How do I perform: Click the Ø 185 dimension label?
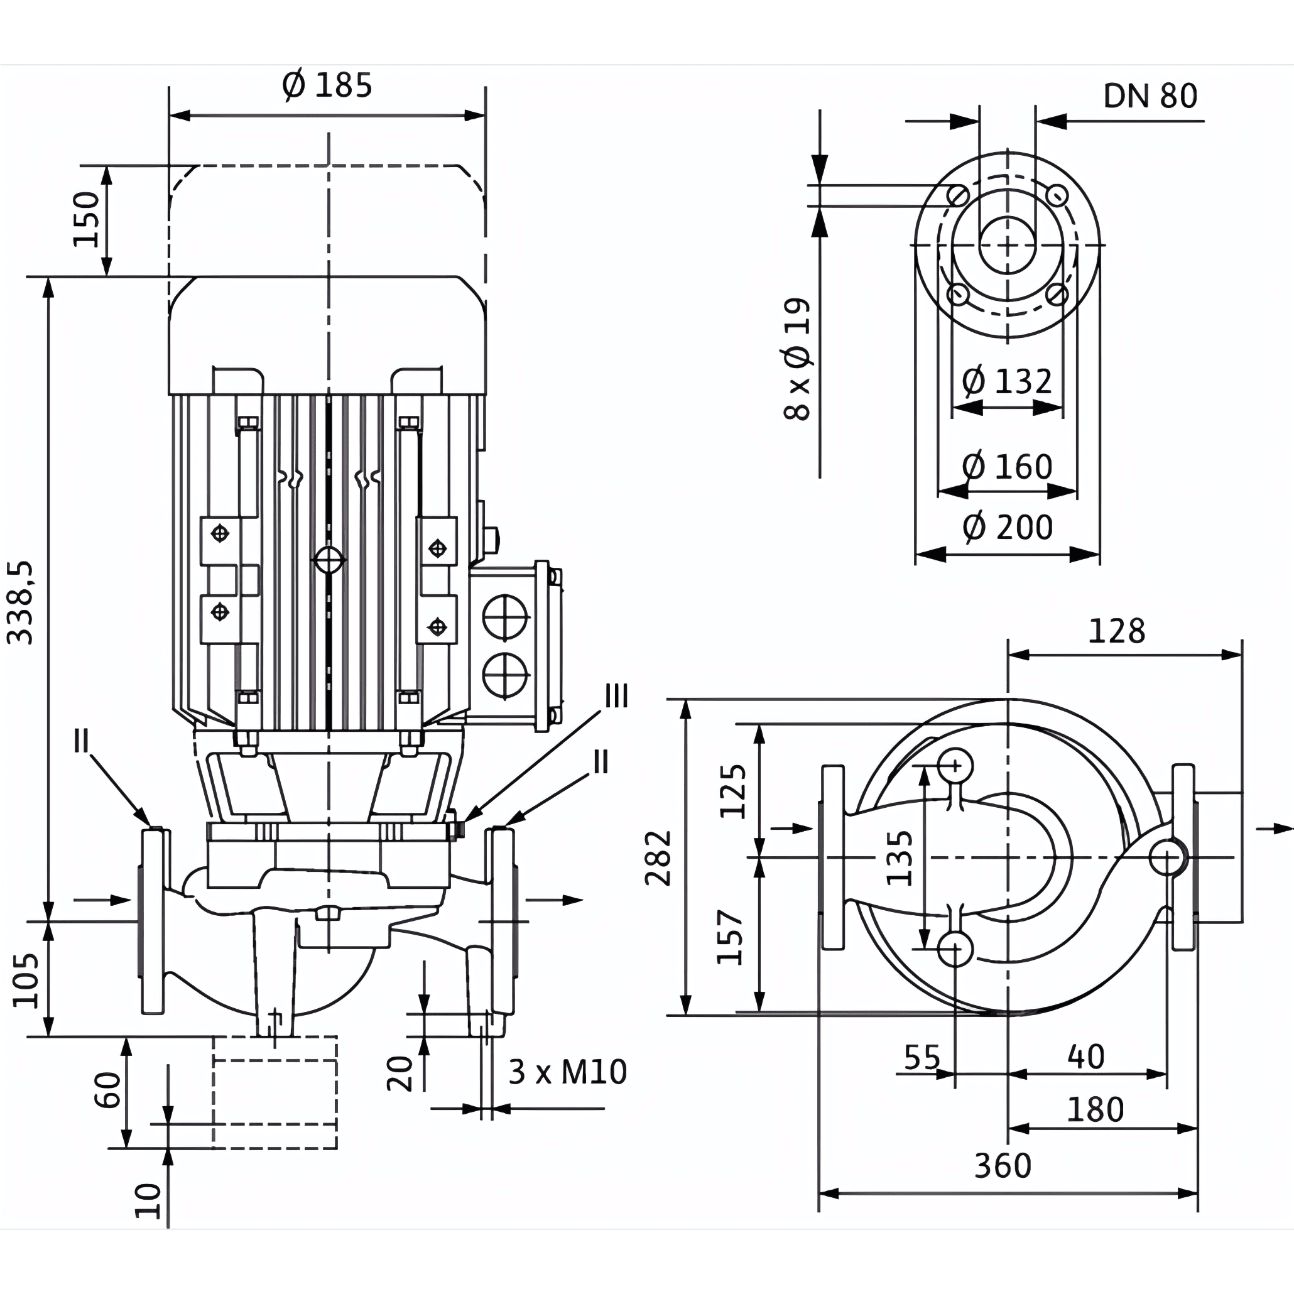point(327,85)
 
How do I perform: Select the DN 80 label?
point(1150,97)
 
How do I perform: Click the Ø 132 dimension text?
point(1007,382)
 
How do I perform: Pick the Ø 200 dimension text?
point(1008,527)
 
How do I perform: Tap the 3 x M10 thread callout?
point(567,1072)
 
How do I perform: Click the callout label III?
point(616,697)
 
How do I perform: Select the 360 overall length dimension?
point(1003,1166)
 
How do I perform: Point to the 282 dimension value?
point(658,858)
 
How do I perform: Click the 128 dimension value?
point(1116,631)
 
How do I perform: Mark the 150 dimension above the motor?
point(87,219)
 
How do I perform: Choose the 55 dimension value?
point(922,1058)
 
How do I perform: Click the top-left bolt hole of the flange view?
point(958,195)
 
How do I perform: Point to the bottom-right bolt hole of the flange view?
point(1057,294)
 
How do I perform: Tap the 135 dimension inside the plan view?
point(900,858)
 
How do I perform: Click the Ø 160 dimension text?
point(1007,467)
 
